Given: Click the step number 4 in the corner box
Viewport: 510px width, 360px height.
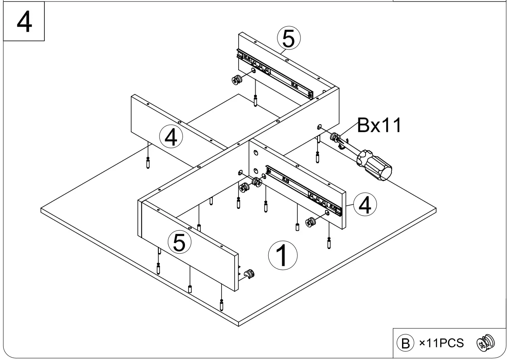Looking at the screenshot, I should point(23,22).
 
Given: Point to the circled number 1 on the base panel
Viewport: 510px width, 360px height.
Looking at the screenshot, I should point(282,255).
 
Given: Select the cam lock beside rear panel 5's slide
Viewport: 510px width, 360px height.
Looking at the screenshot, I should point(237,79).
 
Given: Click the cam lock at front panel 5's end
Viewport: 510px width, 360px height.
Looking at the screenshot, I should point(249,274).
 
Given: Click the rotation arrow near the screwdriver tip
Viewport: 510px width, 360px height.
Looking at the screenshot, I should point(342,144).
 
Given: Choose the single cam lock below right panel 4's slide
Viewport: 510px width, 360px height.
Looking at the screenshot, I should point(310,223).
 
